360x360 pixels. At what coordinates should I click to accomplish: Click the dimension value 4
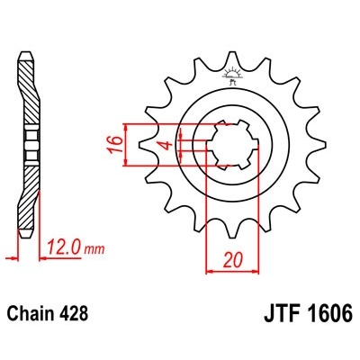(163, 144)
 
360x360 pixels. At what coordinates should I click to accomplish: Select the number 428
(73, 317)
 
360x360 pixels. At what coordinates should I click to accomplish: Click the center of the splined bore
(234, 145)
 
